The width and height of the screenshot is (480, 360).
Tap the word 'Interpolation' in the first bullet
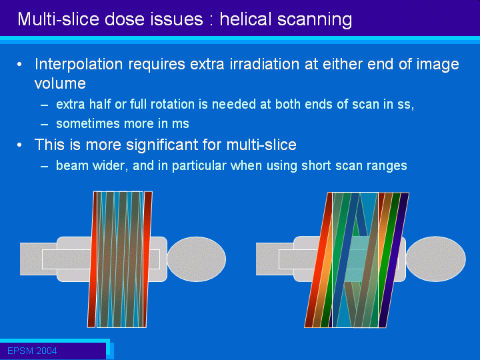tap(79, 65)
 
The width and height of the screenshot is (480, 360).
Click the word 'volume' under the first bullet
tap(60, 83)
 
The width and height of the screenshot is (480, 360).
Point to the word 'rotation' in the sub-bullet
tap(171, 104)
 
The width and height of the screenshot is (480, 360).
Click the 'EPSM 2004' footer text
tap(32, 351)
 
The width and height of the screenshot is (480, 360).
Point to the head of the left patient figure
tap(197, 259)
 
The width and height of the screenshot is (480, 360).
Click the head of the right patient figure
tap(436, 259)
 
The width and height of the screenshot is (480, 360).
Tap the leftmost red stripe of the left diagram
tap(92, 259)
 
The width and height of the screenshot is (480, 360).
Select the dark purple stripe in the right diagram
tap(394, 260)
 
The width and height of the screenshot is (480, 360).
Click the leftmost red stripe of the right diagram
tap(319, 260)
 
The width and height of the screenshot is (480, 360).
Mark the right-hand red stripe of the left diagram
tap(147, 259)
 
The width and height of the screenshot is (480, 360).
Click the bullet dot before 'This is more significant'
tap(19, 145)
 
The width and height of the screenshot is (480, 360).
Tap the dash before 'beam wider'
tap(45, 167)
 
